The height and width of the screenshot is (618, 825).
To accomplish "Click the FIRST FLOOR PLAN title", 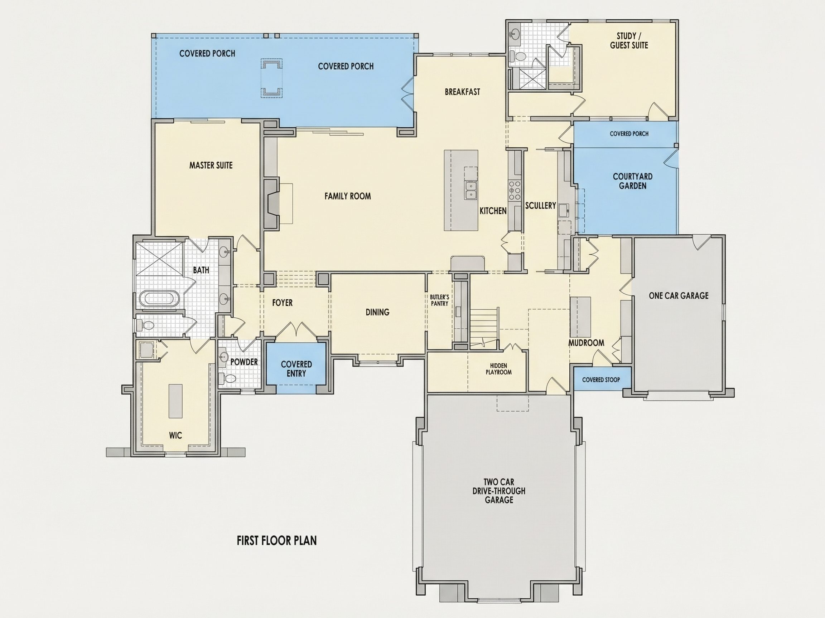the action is point(277,540).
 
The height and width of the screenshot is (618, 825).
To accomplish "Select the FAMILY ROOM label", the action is point(348,196).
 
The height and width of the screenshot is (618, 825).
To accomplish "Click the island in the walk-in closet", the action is point(176,401).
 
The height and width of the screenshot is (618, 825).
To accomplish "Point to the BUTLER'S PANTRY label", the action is point(439,300).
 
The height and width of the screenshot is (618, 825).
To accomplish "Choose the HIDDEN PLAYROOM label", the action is point(499,369).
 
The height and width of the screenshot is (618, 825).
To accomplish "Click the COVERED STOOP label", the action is point(601,379).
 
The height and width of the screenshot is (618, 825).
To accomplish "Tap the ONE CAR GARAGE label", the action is point(679,296).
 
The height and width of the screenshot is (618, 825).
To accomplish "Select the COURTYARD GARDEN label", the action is point(633,181).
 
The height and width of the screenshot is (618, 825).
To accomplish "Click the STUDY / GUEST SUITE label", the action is point(629,41).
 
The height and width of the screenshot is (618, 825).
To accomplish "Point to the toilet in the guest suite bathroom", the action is point(518,57).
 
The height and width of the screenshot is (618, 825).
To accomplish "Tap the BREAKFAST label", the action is point(463,92).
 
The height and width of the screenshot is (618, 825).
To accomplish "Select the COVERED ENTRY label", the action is point(296,369).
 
